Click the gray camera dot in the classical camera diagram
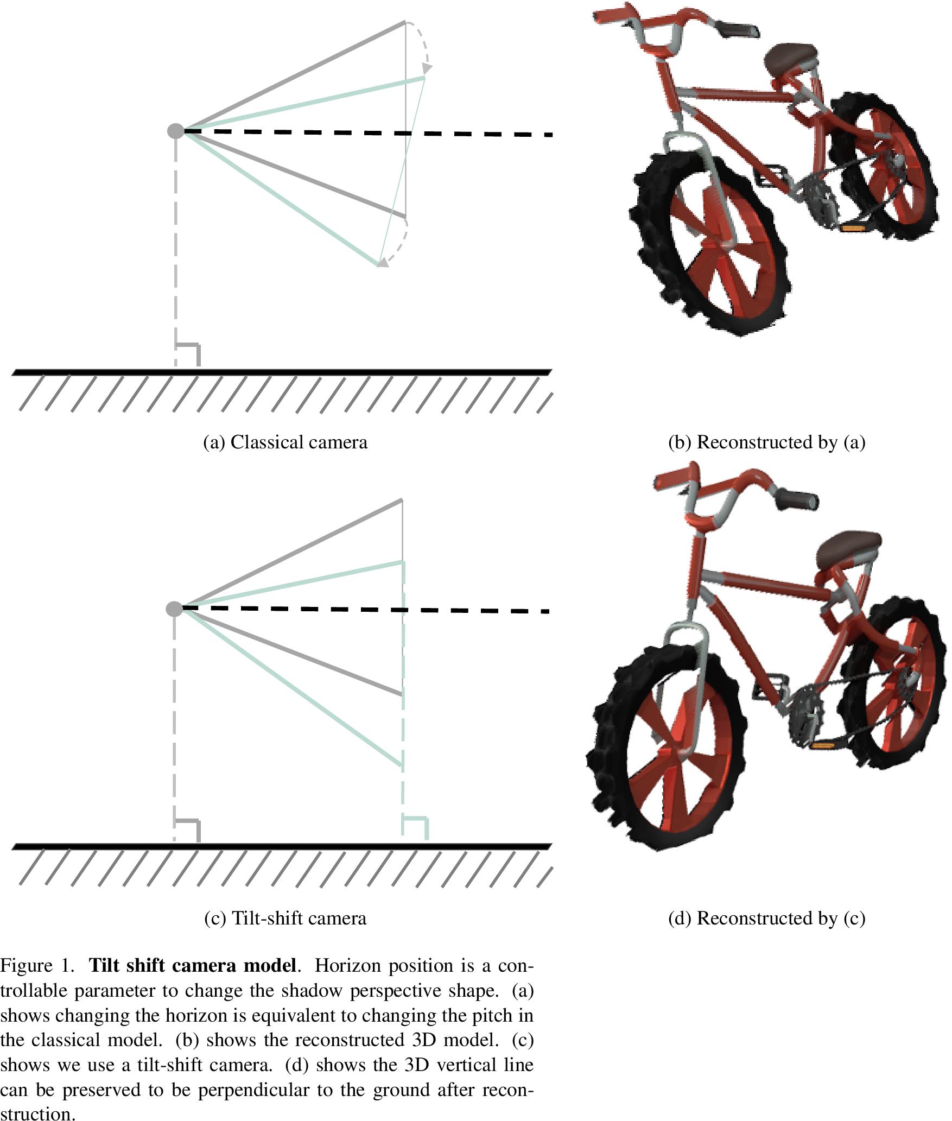176,131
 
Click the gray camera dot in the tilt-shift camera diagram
174,609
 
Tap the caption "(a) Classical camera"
285,442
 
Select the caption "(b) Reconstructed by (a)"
766,442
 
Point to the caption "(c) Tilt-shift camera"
285,918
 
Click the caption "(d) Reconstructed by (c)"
766,918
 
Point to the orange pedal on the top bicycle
852,229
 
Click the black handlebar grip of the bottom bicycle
796,498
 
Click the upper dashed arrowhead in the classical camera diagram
427,68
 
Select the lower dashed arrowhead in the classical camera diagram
383,262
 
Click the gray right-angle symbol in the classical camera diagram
188,354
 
